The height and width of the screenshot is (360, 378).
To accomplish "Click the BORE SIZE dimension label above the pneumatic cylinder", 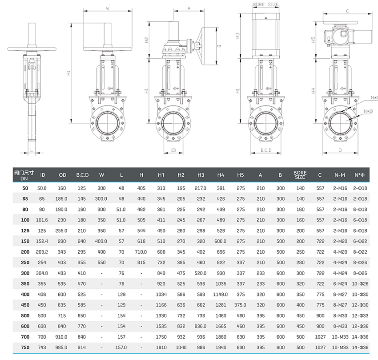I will pyautogui.click(x=265, y=4).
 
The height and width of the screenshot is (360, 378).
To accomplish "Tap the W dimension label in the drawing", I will pyautogui.click(x=108, y=8).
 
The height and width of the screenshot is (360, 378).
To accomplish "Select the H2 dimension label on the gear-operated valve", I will pyautogui.click(x=146, y=40).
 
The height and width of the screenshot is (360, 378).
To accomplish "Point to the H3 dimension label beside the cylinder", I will pyautogui.click(x=238, y=35).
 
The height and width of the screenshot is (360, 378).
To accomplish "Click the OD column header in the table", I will pyautogui.click(x=63, y=175).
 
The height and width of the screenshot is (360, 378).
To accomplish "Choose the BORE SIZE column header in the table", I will pyautogui.click(x=300, y=175).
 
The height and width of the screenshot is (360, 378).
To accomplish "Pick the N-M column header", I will pyautogui.click(x=340, y=175).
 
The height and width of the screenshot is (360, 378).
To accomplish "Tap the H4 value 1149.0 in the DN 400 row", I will pyautogui.click(x=221, y=295).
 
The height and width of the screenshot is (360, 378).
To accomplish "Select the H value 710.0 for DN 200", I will pyautogui.click(x=141, y=252).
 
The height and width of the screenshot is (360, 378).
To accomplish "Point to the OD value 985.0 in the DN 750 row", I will pyautogui.click(x=63, y=348).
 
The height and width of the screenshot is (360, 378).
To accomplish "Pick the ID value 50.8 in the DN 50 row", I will pyautogui.click(x=42, y=188).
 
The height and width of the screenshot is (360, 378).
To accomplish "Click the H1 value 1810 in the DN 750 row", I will pyautogui.click(x=161, y=348).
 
